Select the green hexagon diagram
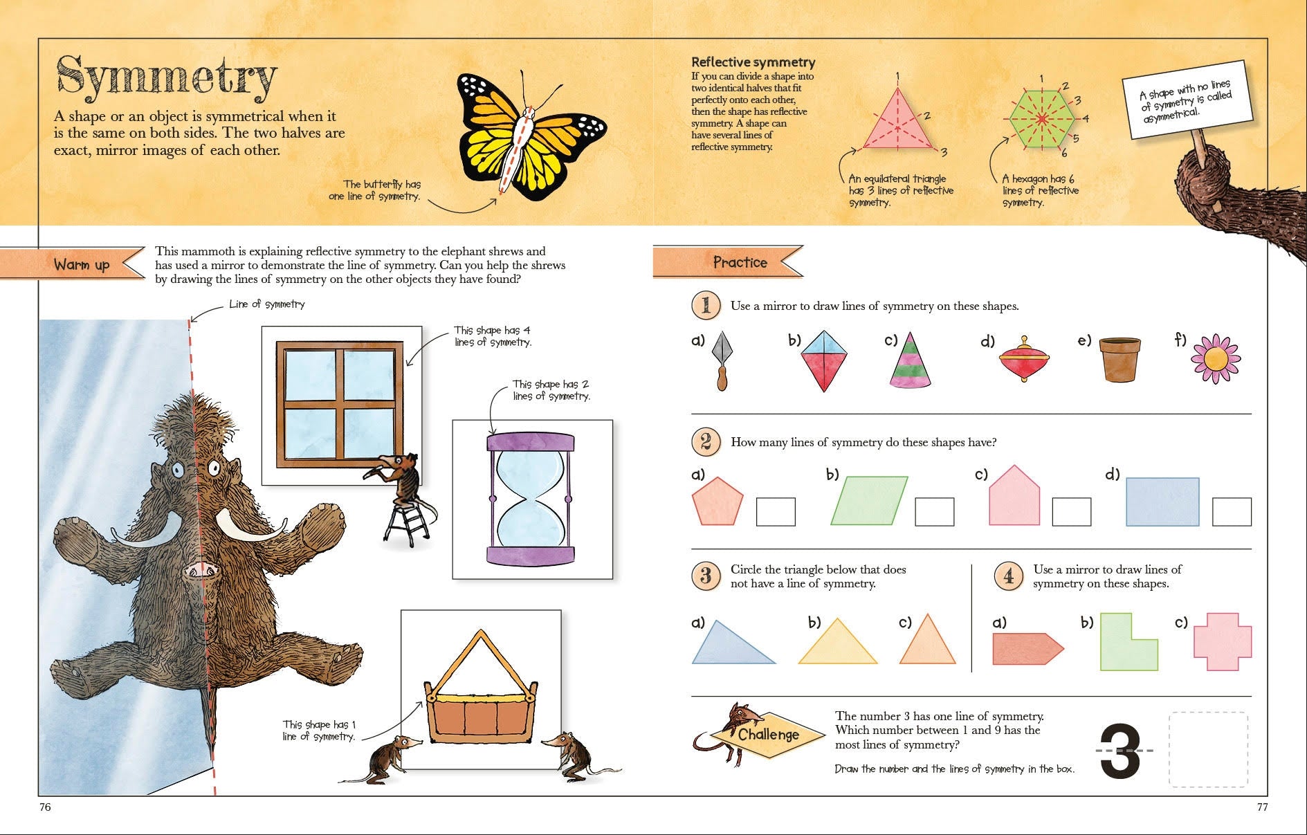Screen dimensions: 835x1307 point(1041,119)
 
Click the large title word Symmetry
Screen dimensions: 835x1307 point(166,77)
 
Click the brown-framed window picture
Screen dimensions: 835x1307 point(340,404)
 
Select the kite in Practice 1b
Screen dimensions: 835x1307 point(823,360)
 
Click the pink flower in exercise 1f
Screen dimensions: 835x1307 point(1216,359)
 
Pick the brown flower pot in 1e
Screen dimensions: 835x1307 point(1119,360)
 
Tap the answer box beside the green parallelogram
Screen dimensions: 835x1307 point(934,512)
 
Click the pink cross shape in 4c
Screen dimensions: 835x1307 point(1223,641)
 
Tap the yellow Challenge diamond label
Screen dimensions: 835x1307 point(768,735)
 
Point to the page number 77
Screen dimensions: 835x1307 point(1262,807)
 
